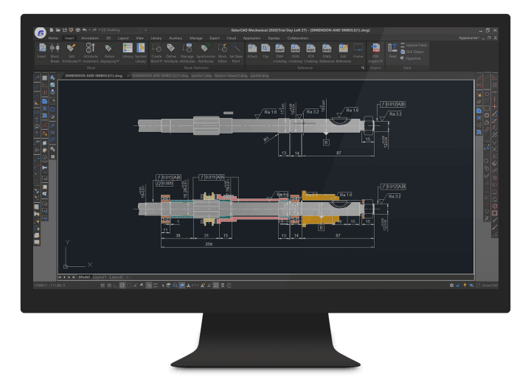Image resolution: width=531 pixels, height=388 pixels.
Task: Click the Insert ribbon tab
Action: [x=69, y=38]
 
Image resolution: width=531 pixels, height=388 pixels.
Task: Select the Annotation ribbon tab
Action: [x=89, y=38]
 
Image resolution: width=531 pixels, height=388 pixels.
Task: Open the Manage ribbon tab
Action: [x=195, y=38]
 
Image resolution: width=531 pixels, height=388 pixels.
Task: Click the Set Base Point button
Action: [x=236, y=52]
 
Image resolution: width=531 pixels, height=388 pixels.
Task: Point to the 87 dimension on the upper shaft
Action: [x=339, y=152]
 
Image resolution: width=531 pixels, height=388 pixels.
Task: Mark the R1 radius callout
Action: [x=264, y=139]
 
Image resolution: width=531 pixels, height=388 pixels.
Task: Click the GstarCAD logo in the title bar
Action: [x=40, y=32]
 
